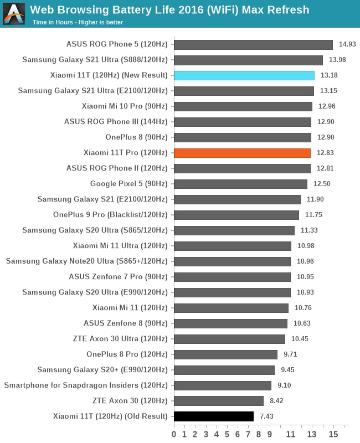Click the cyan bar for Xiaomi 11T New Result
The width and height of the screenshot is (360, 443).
click(x=244, y=75)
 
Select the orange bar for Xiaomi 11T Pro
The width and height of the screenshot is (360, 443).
click(x=242, y=153)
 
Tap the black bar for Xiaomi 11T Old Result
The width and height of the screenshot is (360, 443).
click(x=214, y=416)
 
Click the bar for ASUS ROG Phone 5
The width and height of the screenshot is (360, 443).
click(x=253, y=44)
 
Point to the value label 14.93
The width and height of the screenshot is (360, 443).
click(x=347, y=44)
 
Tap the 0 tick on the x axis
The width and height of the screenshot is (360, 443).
click(x=174, y=434)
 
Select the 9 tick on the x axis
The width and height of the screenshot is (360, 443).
click(x=270, y=434)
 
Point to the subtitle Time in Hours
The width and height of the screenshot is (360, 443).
click(x=78, y=23)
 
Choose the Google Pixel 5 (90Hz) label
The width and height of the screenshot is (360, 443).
click(x=128, y=184)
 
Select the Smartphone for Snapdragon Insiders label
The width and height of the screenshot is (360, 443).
click(x=86, y=385)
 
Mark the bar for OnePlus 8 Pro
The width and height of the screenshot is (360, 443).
click(x=225, y=354)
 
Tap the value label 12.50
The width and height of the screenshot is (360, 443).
click(x=321, y=184)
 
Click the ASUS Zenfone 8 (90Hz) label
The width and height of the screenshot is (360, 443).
click(x=126, y=323)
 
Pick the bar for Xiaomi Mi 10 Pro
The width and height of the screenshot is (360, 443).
click(x=243, y=106)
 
